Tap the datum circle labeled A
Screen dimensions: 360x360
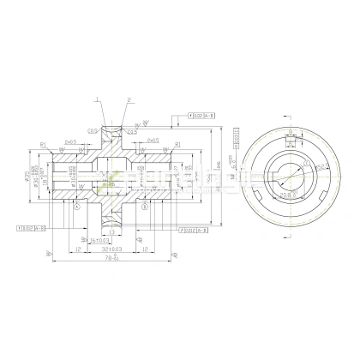77,207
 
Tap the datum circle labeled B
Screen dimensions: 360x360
145,207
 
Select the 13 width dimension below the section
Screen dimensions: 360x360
112,232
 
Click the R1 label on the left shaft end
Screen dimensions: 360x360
42,143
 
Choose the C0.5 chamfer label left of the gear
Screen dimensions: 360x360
93,131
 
